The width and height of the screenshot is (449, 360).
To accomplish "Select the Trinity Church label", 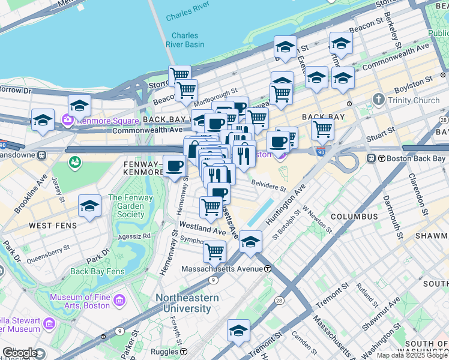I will tap(414, 100).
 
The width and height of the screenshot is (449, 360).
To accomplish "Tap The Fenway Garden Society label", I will tap(130, 206).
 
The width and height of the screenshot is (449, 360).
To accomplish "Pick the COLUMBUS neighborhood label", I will tap(354, 216).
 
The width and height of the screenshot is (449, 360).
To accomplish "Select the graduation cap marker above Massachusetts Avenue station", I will tap(250, 242).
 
